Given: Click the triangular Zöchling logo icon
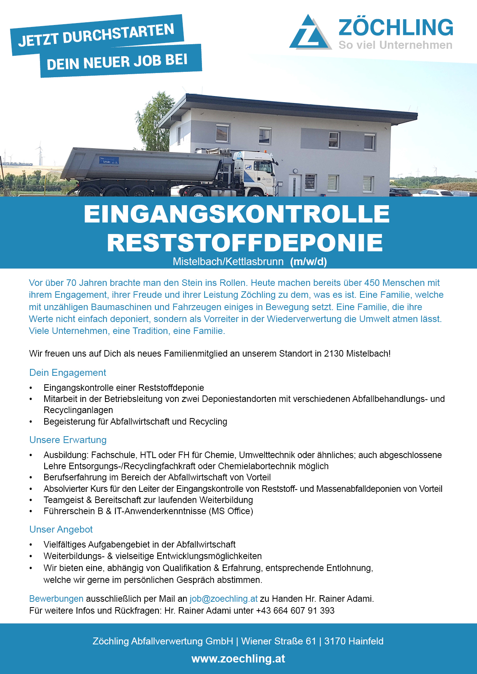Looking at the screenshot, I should [309, 33].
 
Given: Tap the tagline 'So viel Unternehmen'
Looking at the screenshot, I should [395, 45].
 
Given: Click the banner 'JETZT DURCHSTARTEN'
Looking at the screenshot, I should [97, 35].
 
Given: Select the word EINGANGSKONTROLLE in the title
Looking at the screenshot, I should [237, 214].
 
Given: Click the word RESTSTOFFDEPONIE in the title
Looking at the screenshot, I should [245, 242].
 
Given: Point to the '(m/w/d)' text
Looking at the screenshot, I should [309, 262].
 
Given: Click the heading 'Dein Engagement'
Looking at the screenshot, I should [68, 373].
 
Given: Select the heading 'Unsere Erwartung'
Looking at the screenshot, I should [68, 440].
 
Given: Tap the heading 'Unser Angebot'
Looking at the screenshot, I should [61, 530].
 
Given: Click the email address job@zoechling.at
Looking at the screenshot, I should [223, 599].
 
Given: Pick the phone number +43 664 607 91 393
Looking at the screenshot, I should [295, 611].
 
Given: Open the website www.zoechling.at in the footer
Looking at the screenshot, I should [238, 659].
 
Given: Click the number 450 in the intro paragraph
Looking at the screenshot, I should [372, 283].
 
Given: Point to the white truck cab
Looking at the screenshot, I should [255, 169].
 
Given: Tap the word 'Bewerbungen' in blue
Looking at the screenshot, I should [56, 599].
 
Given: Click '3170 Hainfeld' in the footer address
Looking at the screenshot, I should [354, 641].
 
